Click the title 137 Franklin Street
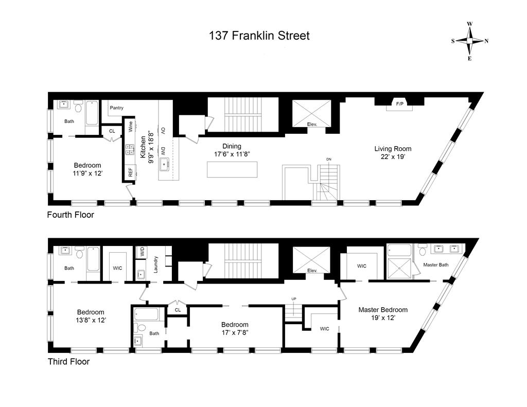(x=259, y=36)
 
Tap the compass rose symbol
(x=469, y=41)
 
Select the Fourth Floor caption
(x=71, y=215)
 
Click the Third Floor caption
(x=68, y=362)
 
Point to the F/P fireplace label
(x=399, y=104)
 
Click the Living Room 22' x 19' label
(x=393, y=152)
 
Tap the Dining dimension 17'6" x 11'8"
(x=232, y=154)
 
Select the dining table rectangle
(x=232, y=169)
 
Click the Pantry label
(x=117, y=108)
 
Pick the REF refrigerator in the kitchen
(x=130, y=172)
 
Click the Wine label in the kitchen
(x=130, y=127)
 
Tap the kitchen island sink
(x=164, y=164)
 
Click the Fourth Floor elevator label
(x=312, y=125)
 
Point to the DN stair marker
(x=328, y=160)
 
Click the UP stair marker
(x=294, y=299)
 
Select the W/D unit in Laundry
(x=142, y=252)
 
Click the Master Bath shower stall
(x=399, y=269)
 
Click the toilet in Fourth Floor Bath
(x=79, y=107)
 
